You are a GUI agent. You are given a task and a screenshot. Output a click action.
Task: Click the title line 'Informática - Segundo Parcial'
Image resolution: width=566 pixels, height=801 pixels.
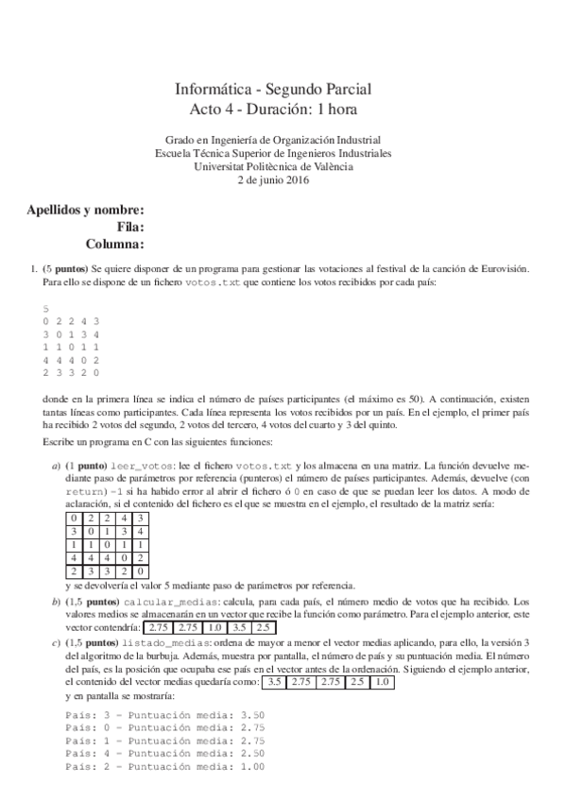pos(273,90)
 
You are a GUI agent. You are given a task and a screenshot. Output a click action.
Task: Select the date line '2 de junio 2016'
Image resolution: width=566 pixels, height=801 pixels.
pos(273,179)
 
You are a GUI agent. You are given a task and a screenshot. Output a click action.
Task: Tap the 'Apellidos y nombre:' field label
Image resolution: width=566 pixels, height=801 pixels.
pos(86,210)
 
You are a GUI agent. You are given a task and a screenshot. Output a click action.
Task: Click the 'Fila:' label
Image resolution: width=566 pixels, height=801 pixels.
pos(129,227)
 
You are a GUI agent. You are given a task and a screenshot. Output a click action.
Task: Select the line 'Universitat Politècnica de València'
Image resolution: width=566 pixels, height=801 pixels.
pos(273,166)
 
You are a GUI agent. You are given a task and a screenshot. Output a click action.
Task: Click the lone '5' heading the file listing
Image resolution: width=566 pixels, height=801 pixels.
pos(45,309)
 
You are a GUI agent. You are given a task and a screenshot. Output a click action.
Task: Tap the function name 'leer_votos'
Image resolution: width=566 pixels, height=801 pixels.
pos(143,467)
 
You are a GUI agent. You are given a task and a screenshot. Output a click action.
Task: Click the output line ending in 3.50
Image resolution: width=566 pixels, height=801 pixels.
pos(165,715)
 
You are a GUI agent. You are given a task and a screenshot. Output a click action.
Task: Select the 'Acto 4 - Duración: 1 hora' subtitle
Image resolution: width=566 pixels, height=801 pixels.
pos(273,110)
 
